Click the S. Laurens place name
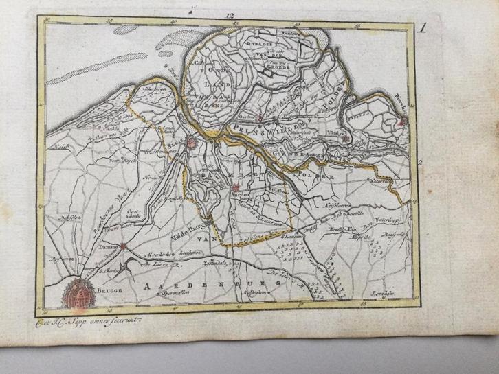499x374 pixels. click(x=293, y=239)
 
